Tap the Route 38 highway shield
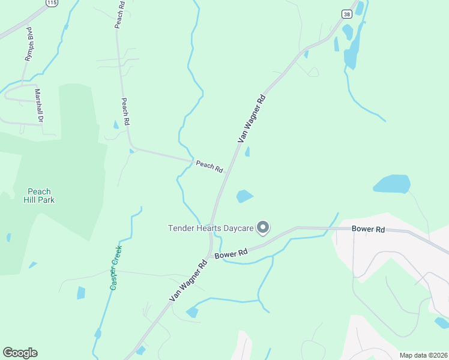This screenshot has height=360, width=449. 347,14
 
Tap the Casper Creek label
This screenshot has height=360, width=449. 116,268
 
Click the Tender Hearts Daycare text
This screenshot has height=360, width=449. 210,228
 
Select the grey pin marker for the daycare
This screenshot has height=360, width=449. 262,227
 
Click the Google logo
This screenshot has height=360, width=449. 20,353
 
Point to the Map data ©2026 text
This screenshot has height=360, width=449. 423,355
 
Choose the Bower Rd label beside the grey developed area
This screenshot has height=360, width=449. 368,229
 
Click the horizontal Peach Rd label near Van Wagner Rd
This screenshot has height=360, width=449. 209,166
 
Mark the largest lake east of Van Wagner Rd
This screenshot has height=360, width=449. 392,184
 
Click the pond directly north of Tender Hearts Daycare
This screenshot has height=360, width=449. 244,196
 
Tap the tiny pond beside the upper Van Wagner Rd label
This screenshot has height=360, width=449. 247,152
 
